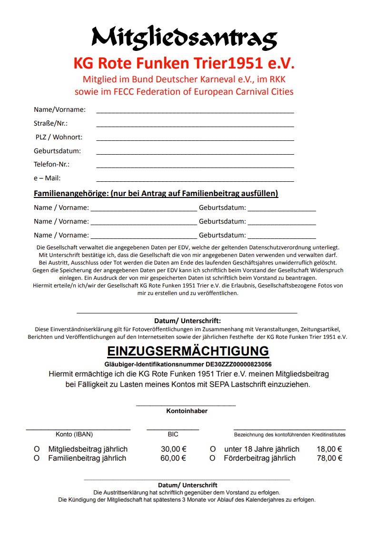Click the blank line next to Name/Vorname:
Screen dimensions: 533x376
click(x=195, y=112)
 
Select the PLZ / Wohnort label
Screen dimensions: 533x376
click(x=59, y=137)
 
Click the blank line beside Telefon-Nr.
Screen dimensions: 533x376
click(x=195, y=167)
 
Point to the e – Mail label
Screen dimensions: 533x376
click(x=47, y=178)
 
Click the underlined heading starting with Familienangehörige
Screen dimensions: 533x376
click(x=156, y=194)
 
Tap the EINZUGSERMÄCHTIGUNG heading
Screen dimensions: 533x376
click(x=188, y=351)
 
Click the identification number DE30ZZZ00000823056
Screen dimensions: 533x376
click(x=238, y=364)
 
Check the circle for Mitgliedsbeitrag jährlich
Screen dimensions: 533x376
click(x=36, y=449)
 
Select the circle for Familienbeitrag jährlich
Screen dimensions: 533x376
click(x=36, y=458)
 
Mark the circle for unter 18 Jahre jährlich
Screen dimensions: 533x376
click(x=213, y=449)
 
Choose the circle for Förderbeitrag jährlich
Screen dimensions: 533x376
click(x=213, y=458)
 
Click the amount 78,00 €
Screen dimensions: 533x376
click(x=330, y=458)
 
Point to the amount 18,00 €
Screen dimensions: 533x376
click(x=330, y=449)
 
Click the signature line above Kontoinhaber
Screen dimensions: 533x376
click(x=186, y=405)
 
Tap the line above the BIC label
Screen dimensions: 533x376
click(x=173, y=429)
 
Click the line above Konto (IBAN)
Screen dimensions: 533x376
click(x=78, y=429)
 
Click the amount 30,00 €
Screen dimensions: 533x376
click(x=173, y=449)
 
